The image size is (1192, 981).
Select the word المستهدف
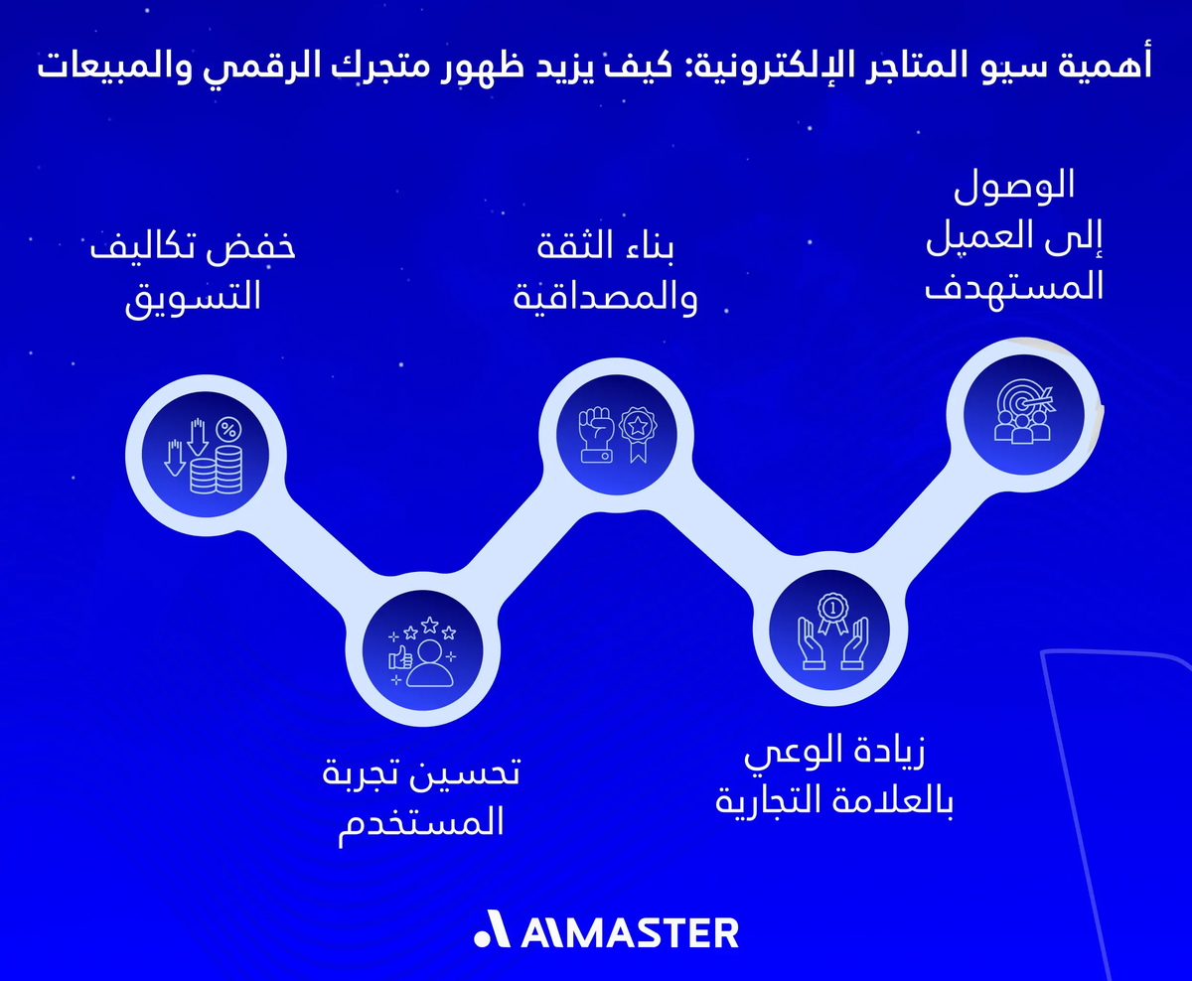pos(1014,288)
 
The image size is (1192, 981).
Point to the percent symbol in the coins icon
pos(227,429)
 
